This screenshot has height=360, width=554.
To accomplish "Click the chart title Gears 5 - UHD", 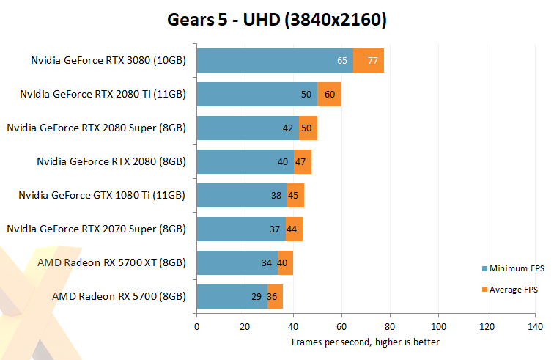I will pos(277,21).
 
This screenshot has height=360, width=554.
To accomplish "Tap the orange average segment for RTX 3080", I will pos(369,60).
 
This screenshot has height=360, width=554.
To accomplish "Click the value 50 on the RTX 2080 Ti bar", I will pos(306,94).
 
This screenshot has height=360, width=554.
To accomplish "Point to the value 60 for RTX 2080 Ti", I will pos(330,94).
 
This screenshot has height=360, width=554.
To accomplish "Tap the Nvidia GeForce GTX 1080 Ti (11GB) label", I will pos(102,195).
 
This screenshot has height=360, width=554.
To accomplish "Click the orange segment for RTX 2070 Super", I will pos(294,229).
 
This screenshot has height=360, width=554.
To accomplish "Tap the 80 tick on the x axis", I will pos(390,327).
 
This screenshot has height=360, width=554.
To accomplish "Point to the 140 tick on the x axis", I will pos(535,327).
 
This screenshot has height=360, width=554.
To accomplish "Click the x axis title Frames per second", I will pos(366,342).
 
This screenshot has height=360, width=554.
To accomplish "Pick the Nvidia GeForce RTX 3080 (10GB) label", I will pos(108,60).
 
